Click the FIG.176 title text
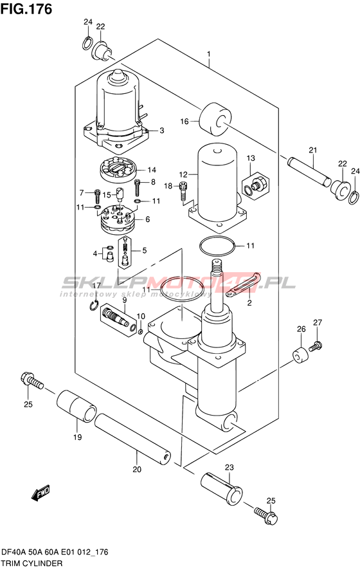click(26, 9)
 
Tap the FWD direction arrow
click(40, 492)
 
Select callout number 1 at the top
click(208, 55)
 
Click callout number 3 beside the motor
click(161, 131)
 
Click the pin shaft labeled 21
click(309, 170)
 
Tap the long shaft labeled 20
click(132, 439)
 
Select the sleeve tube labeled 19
click(76, 406)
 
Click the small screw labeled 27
click(316, 345)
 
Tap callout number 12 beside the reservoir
click(183, 174)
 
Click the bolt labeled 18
click(184, 190)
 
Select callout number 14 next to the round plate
click(152, 170)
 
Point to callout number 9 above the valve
click(124, 300)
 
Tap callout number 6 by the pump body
click(147, 219)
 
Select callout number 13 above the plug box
click(251, 158)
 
